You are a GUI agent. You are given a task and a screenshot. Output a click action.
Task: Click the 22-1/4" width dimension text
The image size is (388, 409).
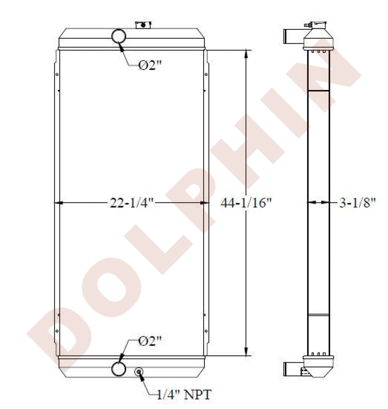tap(132, 203)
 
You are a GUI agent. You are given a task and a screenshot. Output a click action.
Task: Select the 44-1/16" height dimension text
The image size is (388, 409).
tap(246, 203)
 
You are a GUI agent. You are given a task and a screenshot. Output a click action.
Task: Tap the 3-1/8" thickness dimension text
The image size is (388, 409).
tap(357, 203)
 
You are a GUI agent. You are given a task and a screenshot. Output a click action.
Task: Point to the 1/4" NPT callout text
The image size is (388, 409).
tap(184, 395)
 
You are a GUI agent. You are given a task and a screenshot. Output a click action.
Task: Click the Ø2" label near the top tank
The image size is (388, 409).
tap(150, 65)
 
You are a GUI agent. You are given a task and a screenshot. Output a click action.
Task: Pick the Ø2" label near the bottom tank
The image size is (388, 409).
tap(150, 340)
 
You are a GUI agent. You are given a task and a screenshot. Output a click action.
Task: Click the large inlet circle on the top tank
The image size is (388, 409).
tap(119, 36)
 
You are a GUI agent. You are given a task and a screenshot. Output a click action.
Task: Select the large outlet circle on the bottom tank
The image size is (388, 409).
tap(119, 369)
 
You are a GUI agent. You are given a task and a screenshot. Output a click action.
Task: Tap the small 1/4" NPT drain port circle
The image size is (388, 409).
tap(139, 372)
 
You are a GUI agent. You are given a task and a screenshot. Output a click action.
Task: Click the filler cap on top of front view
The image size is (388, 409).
tap(143, 25)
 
